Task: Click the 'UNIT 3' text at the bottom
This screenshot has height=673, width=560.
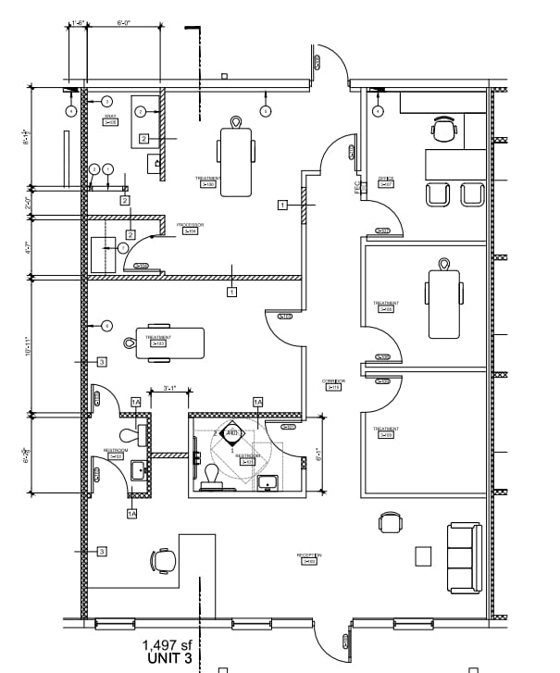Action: pos(168,659)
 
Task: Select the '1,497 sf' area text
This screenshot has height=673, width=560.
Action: pos(168,645)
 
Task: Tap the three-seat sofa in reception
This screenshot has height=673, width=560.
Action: pos(465,558)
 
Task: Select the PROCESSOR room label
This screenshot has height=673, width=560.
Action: pos(190,228)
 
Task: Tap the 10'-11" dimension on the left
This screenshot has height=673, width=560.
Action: pos(28,343)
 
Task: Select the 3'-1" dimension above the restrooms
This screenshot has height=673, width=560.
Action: pos(169,388)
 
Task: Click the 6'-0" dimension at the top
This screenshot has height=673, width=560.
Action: pos(123,20)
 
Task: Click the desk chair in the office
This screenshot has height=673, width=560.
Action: pos(444,130)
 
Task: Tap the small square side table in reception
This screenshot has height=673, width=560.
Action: pos(423,555)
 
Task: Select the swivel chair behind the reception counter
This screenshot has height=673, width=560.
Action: pos(164,559)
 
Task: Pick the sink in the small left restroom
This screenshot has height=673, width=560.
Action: pos(138,469)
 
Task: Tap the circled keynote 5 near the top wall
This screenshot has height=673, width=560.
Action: pos(265,111)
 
